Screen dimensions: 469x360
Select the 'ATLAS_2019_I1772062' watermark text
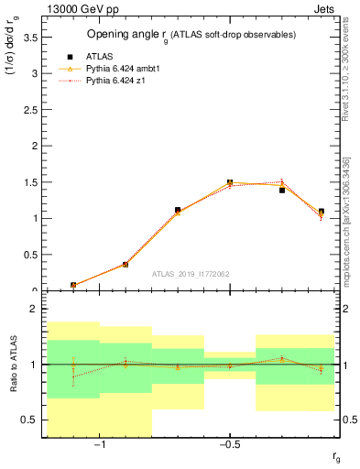pyautogui.click(x=190, y=273)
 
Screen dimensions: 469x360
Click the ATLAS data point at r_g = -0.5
pyautogui.click(x=230, y=182)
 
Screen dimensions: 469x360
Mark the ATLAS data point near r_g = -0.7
pyautogui.click(x=178, y=210)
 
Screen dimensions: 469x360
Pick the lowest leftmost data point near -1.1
pyautogui.click(x=73, y=285)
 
